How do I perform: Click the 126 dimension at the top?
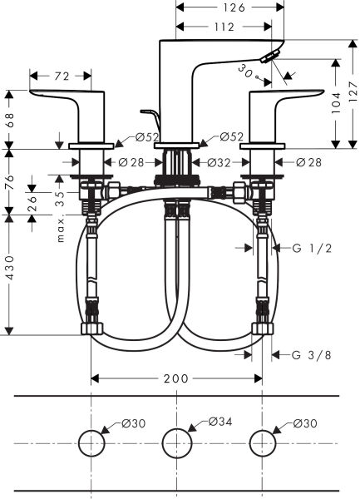(234, 7)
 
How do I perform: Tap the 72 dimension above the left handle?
(61, 77)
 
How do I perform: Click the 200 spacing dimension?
(175, 378)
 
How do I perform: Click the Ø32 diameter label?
(217, 162)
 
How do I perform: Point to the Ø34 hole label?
(219, 423)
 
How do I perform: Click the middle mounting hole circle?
(176, 442)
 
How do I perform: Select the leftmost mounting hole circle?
(90, 442)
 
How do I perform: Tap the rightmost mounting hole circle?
(263, 442)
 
